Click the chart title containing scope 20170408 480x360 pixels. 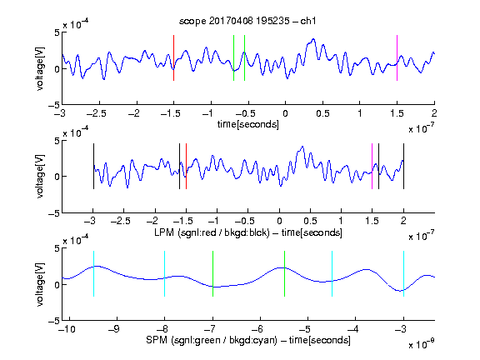[247, 21]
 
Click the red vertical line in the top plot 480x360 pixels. [173, 57]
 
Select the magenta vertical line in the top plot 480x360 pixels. [397, 57]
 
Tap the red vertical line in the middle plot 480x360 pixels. [186, 166]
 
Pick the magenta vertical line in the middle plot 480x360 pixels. [372, 166]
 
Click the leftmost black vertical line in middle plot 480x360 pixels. [93, 166]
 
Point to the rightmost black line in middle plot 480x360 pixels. [403, 166]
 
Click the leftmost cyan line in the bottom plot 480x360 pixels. [93, 273]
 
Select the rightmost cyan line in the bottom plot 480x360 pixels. [403, 273]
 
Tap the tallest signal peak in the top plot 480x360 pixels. [313, 39]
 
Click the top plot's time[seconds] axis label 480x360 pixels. [248, 124]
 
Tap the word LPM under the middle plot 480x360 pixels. [164, 232]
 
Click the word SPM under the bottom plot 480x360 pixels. [157, 340]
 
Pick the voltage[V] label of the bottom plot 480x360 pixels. [40, 284]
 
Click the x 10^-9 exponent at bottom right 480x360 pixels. [421, 344]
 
